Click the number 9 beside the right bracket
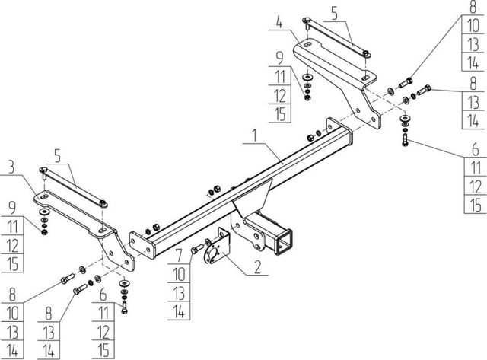point(280,56)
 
